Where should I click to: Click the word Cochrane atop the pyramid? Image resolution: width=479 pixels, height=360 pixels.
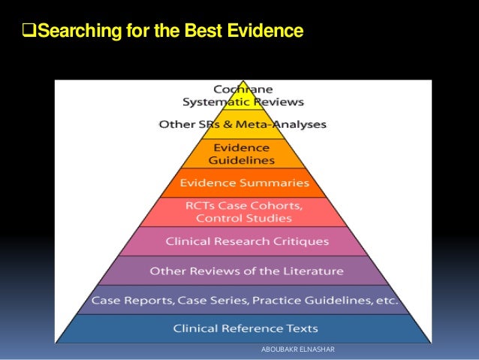click(x=243, y=89)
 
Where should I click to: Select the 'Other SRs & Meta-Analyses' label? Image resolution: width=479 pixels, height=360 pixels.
click(x=243, y=124)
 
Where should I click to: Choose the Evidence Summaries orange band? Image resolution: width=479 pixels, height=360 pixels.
click(x=245, y=183)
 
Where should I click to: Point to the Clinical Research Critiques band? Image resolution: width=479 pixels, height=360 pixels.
click(x=247, y=241)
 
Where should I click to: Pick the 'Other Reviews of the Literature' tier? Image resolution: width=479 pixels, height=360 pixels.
click(x=246, y=271)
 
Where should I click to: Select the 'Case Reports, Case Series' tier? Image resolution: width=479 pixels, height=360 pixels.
click(x=244, y=300)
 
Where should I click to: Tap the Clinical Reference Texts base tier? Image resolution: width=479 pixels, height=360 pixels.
click(x=246, y=328)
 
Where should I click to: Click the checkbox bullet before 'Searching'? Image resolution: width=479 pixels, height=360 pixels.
click(x=31, y=32)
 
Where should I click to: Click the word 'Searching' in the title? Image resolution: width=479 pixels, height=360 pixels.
click(x=77, y=32)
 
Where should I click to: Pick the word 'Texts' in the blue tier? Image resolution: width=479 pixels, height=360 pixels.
click(x=302, y=328)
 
